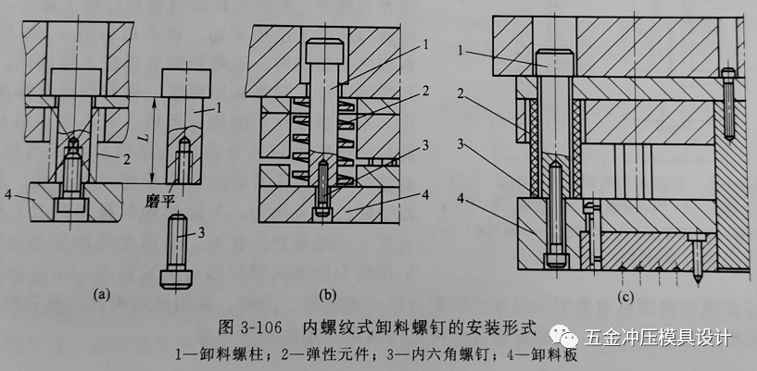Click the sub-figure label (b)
click(x=326, y=296)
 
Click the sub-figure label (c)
click(x=627, y=296)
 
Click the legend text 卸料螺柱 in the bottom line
click(x=238, y=354)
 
